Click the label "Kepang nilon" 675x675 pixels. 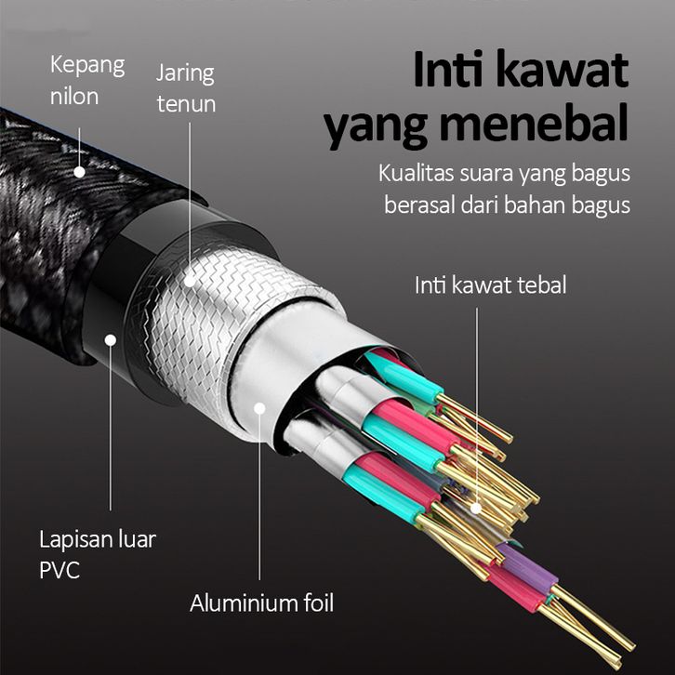coord(87,81)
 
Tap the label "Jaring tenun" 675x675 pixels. coord(186,88)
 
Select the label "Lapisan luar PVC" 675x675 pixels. coord(98,554)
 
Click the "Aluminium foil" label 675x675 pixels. coord(262,602)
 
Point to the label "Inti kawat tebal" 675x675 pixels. coord(490,285)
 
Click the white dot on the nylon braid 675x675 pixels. coord(79,172)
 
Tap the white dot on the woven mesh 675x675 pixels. coord(190,281)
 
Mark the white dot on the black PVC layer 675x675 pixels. coord(111,340)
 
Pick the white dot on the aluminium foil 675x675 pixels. coord(259,408)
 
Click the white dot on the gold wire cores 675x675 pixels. coord(476,509)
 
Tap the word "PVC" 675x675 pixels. coord(60,570)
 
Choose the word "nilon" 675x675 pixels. coord(74,97)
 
